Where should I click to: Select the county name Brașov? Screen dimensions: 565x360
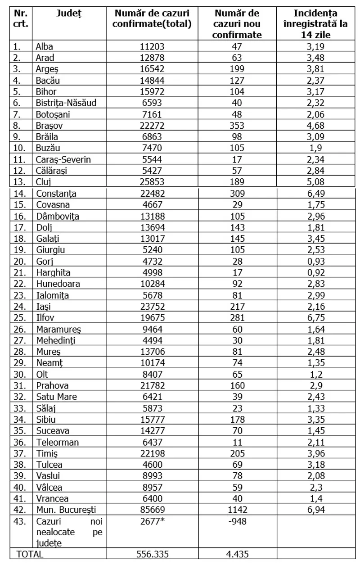[x=47, y=126]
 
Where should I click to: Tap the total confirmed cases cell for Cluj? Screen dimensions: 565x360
[x=152, y=182]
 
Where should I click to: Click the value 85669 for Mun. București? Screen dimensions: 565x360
[x=152, y=510]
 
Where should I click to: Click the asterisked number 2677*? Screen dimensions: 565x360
[x=152, y=520]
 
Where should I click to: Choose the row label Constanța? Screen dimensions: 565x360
[x=56, y=194]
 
